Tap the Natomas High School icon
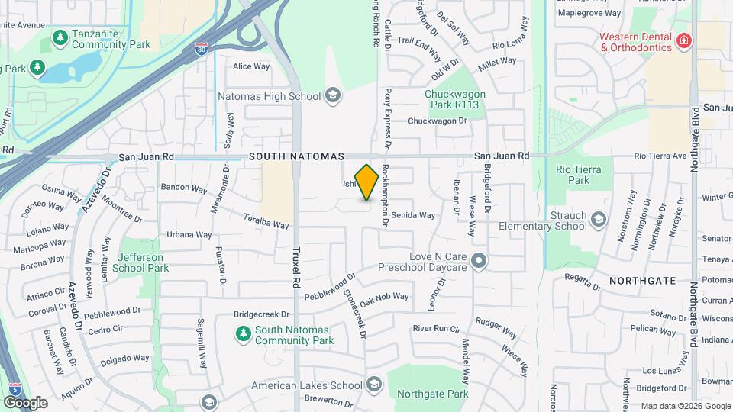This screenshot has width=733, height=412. click(x=332, y=96)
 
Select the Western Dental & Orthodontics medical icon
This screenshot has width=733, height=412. click(x=684, y=40)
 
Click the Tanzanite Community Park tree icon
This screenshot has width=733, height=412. click(x=60, y=37)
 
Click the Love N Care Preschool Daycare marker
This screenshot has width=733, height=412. click(x=479, y=262)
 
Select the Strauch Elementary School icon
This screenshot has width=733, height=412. click(x=599, y=220)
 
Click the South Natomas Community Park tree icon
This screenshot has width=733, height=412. click(x=243, y=333)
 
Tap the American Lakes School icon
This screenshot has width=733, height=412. click(x=374, y=383)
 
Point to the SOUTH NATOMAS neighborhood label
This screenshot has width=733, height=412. click(x=296, y=156)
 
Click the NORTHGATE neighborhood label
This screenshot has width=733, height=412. click(x=642, y=281)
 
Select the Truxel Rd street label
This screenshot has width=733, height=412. click(x=295, y=267)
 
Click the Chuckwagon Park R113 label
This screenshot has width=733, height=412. click(x=455, y=100)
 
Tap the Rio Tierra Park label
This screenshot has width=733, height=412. click(x=579, y=175)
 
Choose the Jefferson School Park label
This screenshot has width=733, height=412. click(x=140, y=262)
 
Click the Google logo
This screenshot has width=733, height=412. click(x=25, y=402)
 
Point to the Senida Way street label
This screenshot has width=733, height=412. click(x=413, y=216)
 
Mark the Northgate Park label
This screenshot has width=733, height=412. click(x=432, y=394)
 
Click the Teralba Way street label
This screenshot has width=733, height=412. click(x=266, y=220)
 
